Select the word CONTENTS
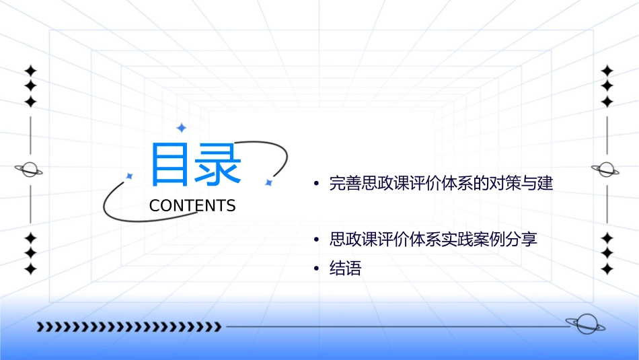(192, 206)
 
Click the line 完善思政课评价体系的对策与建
(441, 183)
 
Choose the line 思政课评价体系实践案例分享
(433, 240)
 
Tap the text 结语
(346, 269)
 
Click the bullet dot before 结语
(315, 269)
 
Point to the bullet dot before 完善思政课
(315, 184)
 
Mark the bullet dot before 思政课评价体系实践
(315, 240)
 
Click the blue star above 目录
(180, 128)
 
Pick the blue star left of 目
(130, 176)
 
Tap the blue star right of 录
(268, 182)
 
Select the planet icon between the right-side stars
(606, 170)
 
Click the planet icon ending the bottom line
(585, 325)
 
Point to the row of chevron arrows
(128, 327)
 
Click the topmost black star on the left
(30, 71)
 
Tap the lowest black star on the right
(607, 269)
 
